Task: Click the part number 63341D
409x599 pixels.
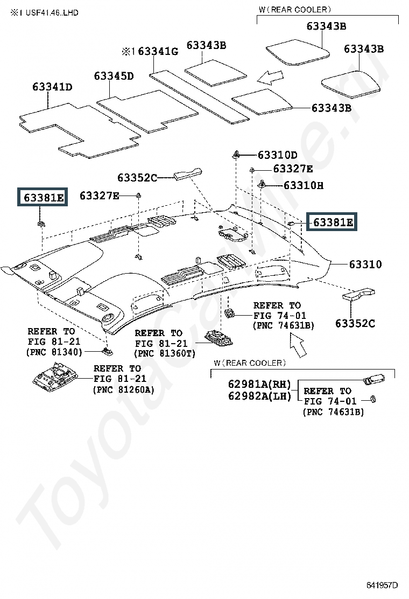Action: (x=52, y=87)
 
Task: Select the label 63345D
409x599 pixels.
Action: (x=114, y=76)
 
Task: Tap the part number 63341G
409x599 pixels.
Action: (x=158, y=51)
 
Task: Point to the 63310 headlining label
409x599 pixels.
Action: (x=365, y=264)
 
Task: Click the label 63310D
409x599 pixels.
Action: (x=277, y=155)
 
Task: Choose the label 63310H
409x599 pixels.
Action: (x=304, y=186)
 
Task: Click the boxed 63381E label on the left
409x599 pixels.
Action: (x=43, y=197)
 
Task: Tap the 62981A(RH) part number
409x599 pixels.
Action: (x=259, y=384)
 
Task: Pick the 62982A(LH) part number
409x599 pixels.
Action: (x=259, y=396)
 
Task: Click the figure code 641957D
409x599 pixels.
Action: (x=382, y=585)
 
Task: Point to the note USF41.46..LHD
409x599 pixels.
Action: (x=52, y=12)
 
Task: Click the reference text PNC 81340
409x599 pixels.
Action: (x=54, y=352)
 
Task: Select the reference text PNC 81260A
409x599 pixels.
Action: (x=124, y=389)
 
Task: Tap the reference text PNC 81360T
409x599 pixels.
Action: (x=165, y=353)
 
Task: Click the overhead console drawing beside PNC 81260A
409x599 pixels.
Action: (x=55, y=374)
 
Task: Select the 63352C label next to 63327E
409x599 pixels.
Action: (x=137, y=178)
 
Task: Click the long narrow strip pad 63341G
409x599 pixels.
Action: (x=199, y=97)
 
